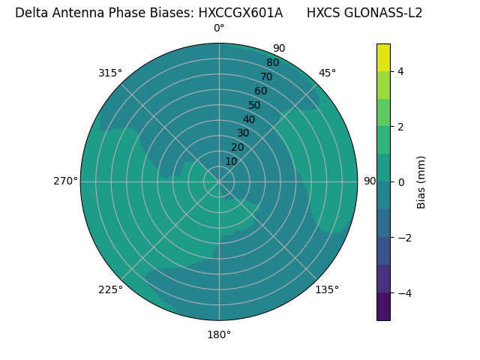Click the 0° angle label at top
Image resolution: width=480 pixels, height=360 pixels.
(x=219, y=28)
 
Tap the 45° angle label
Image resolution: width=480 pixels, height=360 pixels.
(x=327, y=73)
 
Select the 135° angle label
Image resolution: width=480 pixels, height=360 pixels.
(x=327, y=289)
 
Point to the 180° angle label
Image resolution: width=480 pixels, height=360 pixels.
(x=219, y=334)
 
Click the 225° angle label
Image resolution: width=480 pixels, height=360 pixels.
(x=110, y=289)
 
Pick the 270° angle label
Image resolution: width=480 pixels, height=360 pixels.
(x=64, y=181)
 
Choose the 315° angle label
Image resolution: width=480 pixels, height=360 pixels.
(x=110, y=73)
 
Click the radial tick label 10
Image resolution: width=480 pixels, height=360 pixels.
(x=231, y=161)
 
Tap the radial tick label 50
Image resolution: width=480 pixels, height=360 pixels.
(x=254, y=105)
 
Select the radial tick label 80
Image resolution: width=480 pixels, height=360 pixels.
(x=272, y=62)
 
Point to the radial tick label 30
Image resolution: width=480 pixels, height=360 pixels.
(x=243, y=133)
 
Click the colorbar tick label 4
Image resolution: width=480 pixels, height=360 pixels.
(x=401, y=71)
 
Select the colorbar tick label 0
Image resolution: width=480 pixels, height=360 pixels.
(x=401, y=182)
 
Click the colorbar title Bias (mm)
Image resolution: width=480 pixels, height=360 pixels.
(x=421, y=182)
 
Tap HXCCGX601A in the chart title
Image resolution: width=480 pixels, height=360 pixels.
(x=241, y=13)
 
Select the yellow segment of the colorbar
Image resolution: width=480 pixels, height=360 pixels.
(x=383, y=58)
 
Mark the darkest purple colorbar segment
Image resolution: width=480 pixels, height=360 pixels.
(x=383, y=306)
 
